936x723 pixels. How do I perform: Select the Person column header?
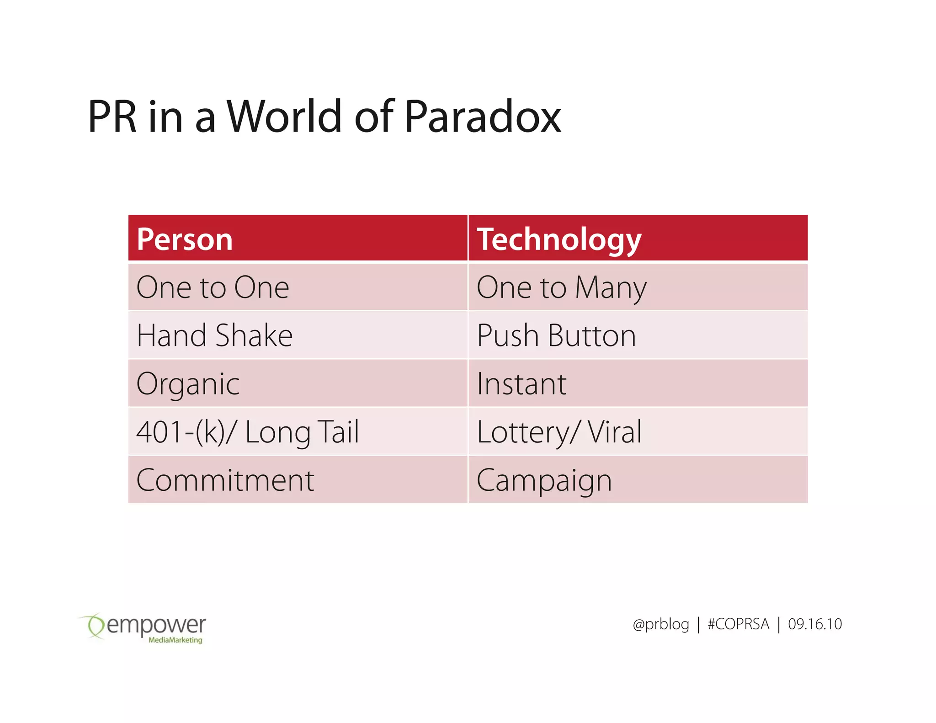(x=185, y=239)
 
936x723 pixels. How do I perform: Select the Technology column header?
(x=559, y=239)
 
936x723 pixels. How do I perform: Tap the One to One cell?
(x=213, y=287)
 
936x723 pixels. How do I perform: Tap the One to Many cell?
(x=561, y=287)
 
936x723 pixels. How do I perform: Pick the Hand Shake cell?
(x=214, y=335)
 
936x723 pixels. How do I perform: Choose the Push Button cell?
(x=556, y=335)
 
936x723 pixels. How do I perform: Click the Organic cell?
(x=188, y=384)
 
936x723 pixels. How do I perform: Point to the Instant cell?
(x=521, y=384)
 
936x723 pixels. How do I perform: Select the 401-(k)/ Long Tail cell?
(x=248, y=432)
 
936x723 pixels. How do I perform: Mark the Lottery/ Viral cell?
(x=559, y=432)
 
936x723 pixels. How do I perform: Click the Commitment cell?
(x=225, y=480)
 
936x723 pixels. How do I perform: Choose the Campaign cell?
(x=544, y=480)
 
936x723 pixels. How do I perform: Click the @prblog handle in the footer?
(x=660, y=624)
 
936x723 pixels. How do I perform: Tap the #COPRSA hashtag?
(x=738, y=624)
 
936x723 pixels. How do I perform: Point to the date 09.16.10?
(x=814, y=624)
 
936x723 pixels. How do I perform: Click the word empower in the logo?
(x=156, y=625)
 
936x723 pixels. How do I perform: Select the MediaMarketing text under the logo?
(x=175, y=640)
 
